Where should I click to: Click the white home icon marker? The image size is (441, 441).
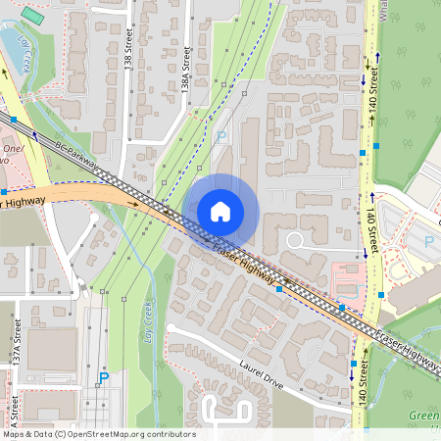click(220, 211)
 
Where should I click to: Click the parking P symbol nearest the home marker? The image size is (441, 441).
click(220, 138)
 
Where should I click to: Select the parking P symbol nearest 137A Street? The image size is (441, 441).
click(103, 377)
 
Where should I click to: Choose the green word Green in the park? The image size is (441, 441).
click(422, 416)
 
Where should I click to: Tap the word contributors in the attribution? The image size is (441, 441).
click(169, 434)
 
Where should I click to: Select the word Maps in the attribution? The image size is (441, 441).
click(13, 434)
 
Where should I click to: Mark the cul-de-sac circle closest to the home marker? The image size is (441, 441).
click(293, 239)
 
